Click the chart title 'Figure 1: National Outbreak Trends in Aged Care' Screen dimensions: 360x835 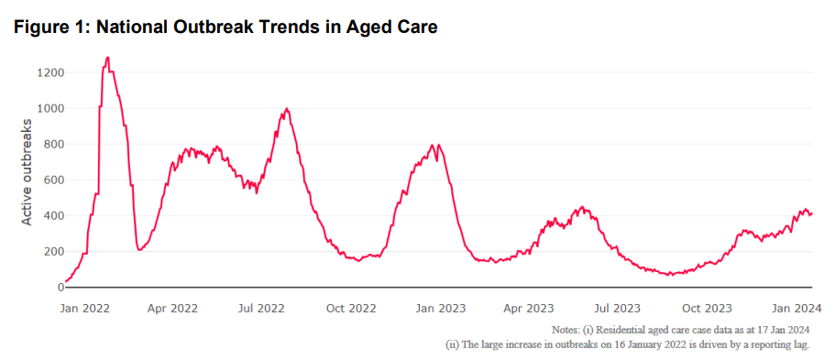pos(225,27)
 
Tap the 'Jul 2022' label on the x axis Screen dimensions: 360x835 pos(261,308)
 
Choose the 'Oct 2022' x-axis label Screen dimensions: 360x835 pos(350,308)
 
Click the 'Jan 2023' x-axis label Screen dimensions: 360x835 pos(439,308)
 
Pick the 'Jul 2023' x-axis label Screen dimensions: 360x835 pos(615,308)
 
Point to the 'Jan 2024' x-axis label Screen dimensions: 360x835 pos(794,308)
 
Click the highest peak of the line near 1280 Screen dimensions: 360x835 pos(107,58)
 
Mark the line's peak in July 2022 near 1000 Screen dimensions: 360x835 pos(287,109)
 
